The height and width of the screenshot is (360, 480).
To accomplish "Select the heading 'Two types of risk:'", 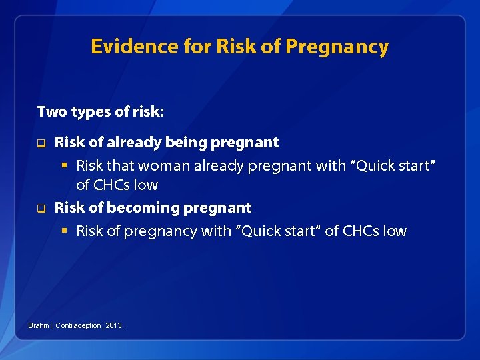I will coord(100,111).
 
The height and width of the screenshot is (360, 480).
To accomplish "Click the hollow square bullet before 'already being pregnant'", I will coord(40,143).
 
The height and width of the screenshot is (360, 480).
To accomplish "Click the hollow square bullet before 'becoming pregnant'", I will coord(40,208).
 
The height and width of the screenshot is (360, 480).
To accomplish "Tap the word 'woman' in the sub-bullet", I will coord(159,166).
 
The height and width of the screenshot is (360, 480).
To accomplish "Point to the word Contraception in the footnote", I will coord(79,325).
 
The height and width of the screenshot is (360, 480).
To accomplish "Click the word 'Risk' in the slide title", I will coord(233,47).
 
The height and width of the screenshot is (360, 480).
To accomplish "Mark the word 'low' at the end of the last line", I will coord(394,231).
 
